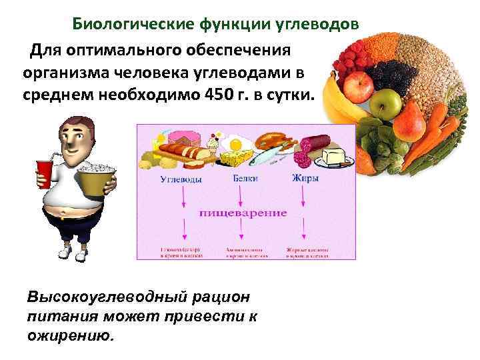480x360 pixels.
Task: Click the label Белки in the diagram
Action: [x=246, y=179]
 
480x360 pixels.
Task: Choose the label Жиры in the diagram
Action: [x=305, y=179]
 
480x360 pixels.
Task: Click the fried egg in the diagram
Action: [x=235, y=143]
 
